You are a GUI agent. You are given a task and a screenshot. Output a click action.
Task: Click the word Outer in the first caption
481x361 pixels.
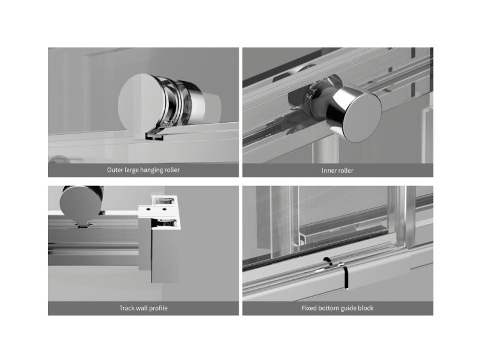[115, 170]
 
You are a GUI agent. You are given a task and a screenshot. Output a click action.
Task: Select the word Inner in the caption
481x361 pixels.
[328, 170]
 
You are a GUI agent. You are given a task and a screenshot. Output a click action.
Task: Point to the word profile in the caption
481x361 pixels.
[158, 308]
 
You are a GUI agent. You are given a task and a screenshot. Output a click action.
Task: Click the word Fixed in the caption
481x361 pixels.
[309, 308]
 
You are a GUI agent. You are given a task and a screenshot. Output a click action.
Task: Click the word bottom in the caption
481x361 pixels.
[328, 308]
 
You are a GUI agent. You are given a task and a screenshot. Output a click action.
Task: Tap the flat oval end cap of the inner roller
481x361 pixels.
[362, 117]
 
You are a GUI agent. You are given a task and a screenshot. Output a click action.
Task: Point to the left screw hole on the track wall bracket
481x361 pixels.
[148, 209]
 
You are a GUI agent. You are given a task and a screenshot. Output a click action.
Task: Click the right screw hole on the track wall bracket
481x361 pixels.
[164, 209]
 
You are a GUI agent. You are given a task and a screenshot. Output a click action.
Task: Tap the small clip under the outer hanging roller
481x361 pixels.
[155, 136]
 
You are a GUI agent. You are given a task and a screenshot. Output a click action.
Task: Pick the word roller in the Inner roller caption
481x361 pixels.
[345, 170]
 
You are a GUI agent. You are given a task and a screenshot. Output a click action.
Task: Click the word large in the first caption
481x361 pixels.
[130, 170]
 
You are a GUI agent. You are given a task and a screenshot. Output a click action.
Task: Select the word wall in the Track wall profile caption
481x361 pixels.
[141, 308]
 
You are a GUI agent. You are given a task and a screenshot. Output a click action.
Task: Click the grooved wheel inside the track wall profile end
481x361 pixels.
[165, 223]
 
